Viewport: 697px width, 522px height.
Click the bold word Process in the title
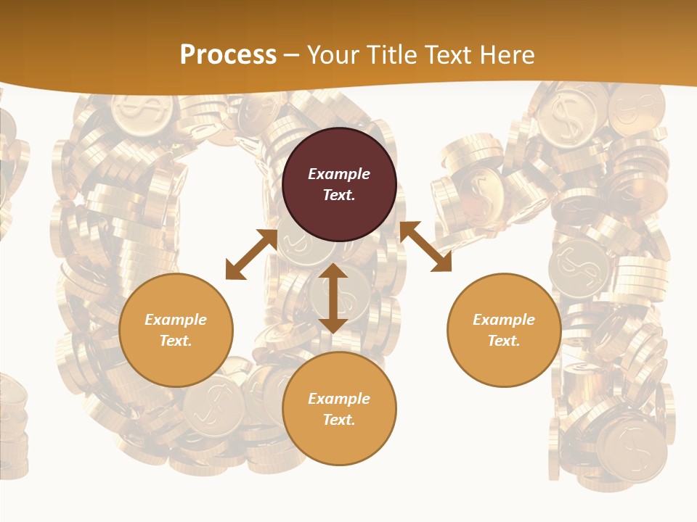pyautogui.click(x=228, y=55)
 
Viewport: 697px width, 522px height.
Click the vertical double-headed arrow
pyautogui.click(x=333, y=298)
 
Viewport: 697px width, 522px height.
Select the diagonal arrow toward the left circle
pyautogui.click(x=251, y=254)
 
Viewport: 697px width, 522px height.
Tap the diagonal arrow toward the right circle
pyautogui.click(x=425, y=246)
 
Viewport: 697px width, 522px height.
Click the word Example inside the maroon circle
pyautogui.click(x=339, y=174)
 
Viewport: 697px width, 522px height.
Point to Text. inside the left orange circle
pyautogui.click(x=176, y=341)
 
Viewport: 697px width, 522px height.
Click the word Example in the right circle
pyautogui.click(x=504, y=320)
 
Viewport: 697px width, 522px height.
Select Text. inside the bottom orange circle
pyautogui.click(x=339, y=420)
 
